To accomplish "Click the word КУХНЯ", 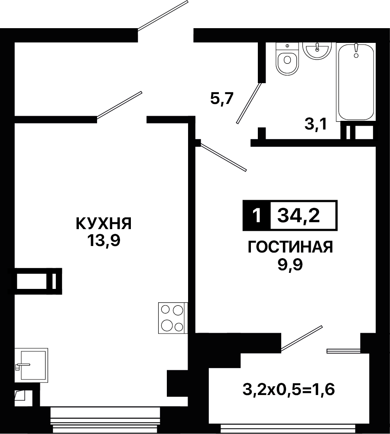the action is pos(104,223).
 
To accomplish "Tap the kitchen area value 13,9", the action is pos(104,240).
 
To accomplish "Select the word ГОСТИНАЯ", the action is pos(290,247).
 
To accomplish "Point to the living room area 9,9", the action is pos(290,265).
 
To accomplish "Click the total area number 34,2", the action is pos(299,215).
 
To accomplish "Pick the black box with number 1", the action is pos(257,215).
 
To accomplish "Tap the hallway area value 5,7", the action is pos(222,98).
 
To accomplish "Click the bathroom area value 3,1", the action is pos(316,124).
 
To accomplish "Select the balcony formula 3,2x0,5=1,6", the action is pos(289,389).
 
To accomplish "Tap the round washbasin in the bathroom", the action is pos(317,51).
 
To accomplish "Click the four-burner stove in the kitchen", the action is pos(172,318).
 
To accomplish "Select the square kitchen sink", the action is pos(32,366).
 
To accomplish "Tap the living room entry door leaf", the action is pos(223,157).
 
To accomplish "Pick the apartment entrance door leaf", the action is pos(163,15).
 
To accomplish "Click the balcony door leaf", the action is pos(302,339).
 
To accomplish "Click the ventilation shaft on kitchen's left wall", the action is pos(38,281).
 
